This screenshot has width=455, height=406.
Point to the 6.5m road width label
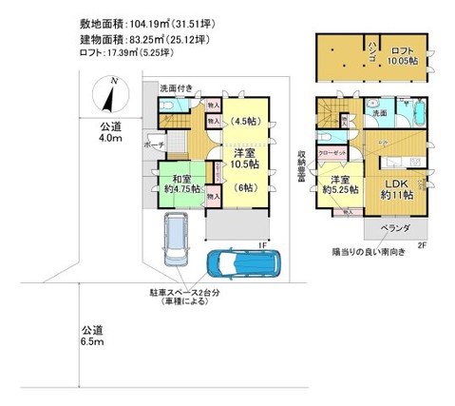pyautogui.click(x=92, y=334)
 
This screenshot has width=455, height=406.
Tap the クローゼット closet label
pyautogui.click(x=332, y=152)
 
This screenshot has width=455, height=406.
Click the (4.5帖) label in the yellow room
pyautogui.click(x=246, y=121)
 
